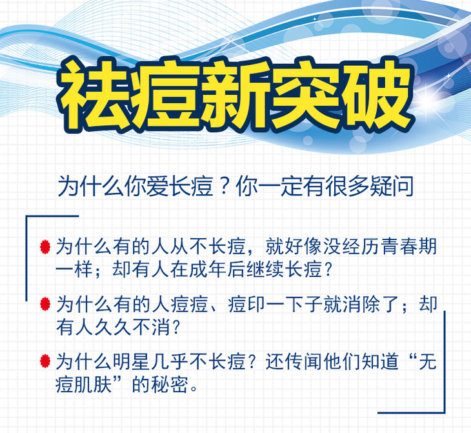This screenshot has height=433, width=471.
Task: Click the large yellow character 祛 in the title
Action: (x=95, y=96)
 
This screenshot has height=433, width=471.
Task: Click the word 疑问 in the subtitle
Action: (x=392, y=186)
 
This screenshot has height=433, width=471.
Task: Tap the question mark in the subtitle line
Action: (x=224, y=187)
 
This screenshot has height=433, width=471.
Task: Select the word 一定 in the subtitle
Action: (x=280, y=186)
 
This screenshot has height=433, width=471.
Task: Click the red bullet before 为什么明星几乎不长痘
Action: (x=45, y=361)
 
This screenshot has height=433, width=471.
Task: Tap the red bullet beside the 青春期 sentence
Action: (x=45, y=247)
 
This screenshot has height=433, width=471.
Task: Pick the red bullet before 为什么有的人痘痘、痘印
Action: (x=45, y=304)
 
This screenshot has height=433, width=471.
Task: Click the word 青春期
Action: (x=408, y=247)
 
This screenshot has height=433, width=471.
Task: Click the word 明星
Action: (x=132, y=361)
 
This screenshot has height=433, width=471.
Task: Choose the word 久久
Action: (x=113, y=327)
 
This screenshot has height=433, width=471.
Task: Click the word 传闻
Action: (x=303, y=361)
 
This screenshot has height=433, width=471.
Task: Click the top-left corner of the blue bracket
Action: (x=26, y=216)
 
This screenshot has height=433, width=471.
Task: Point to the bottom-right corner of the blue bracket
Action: (x=445, y=412)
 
